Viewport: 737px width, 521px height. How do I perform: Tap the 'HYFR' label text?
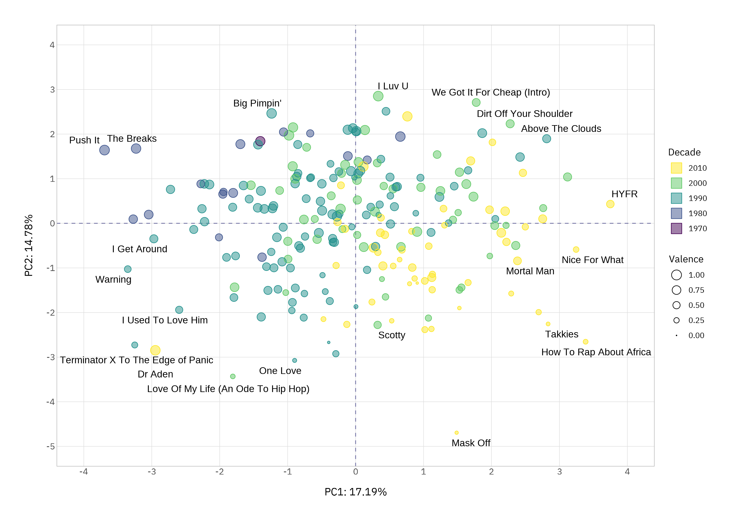click(624, 194)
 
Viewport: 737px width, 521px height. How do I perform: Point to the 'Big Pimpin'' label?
click(257, 103)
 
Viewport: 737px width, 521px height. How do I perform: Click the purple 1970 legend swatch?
click(676, 228)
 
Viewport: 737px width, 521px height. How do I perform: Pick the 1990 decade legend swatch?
click(676, 198)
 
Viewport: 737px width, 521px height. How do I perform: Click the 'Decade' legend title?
click(684, 152)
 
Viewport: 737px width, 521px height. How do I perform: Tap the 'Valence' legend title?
click(686, 259)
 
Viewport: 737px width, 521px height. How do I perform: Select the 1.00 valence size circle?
click(676, 275)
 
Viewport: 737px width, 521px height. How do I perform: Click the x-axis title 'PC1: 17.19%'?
click(355, 492)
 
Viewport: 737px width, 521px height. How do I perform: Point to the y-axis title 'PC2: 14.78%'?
click(29, 245)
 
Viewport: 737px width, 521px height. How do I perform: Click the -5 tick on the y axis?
click(50, 447)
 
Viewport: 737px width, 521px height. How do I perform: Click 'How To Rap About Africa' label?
click(596, 352)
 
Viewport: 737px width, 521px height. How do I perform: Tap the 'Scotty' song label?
click(391, 335)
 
